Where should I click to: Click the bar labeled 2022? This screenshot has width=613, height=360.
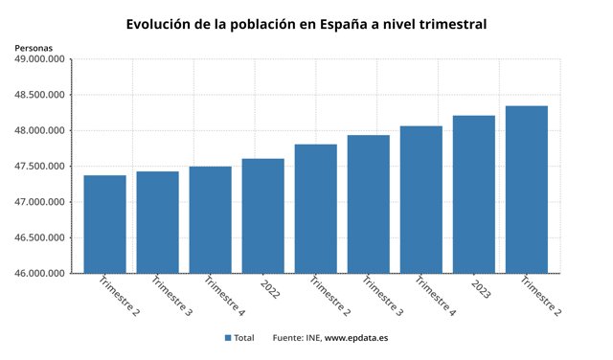pos(262,215)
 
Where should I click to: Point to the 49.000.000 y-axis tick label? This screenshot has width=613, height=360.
pos(39,59)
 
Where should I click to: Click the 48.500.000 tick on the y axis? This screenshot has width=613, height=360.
pos(39,95)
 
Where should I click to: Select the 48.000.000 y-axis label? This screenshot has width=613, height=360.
pos(39,131)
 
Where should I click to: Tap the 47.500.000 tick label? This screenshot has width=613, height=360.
pos(39,167)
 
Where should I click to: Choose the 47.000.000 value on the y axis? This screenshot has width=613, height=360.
pos(39,202)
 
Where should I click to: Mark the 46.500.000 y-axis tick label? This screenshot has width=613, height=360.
pos(39,238)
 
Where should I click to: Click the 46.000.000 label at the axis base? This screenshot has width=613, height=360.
pos(39,274)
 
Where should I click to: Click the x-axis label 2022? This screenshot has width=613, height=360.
pos(269,288)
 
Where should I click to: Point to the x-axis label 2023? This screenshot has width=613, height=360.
pos(480,288)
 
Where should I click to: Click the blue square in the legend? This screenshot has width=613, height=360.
pos(228,338)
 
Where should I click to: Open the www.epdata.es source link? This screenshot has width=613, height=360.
pos(355,338)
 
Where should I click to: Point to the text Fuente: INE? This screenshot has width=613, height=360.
pos(296,338)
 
